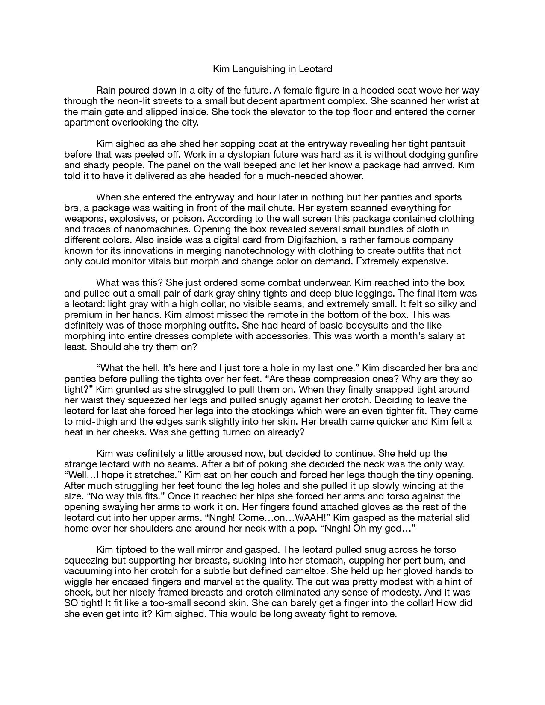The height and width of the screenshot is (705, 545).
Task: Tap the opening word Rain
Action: click(x=106, y=91)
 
